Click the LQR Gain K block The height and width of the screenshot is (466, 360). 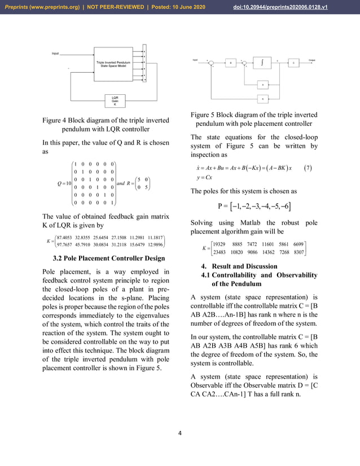click(x=115, y=101)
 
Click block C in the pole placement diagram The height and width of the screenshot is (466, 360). click(x=293, y=63)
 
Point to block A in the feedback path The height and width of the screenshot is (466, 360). click(x=262, y=84)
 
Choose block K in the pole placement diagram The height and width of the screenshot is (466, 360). click(x=262, y=99)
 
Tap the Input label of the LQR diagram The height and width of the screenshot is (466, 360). click(x=55, y=54)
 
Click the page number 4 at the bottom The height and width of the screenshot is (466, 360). click(x=179, y=433)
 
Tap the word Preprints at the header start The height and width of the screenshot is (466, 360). click(x=17, y=6)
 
